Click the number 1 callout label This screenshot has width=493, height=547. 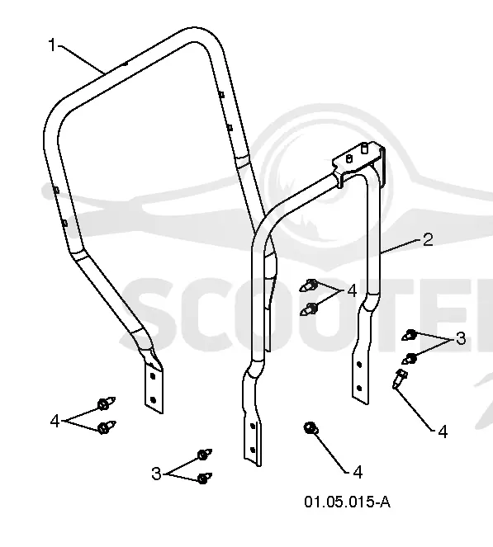(52, 45)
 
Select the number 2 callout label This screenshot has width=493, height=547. (428, 239)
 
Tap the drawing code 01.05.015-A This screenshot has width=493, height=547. (347, 502)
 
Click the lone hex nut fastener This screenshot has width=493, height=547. (310, 428)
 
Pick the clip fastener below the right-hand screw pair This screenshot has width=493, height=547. (400, 379)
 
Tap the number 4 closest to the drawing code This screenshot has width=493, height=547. (358, 472)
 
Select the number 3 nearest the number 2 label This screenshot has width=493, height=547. (461, 338)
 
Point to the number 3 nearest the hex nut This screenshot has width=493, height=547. (156, 474)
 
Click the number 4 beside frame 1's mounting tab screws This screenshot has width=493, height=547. (55, 421)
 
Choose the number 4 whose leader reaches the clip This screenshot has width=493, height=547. (443, 431)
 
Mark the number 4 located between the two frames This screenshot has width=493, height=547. (352, 290)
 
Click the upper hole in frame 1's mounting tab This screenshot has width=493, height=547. (153, 376)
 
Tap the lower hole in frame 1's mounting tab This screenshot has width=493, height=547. (153, 400)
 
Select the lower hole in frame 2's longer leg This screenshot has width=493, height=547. (254, 449)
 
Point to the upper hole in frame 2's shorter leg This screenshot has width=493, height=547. (359, 365)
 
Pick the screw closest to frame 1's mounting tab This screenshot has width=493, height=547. (106, 403)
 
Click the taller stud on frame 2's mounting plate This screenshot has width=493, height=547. (364, 148)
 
